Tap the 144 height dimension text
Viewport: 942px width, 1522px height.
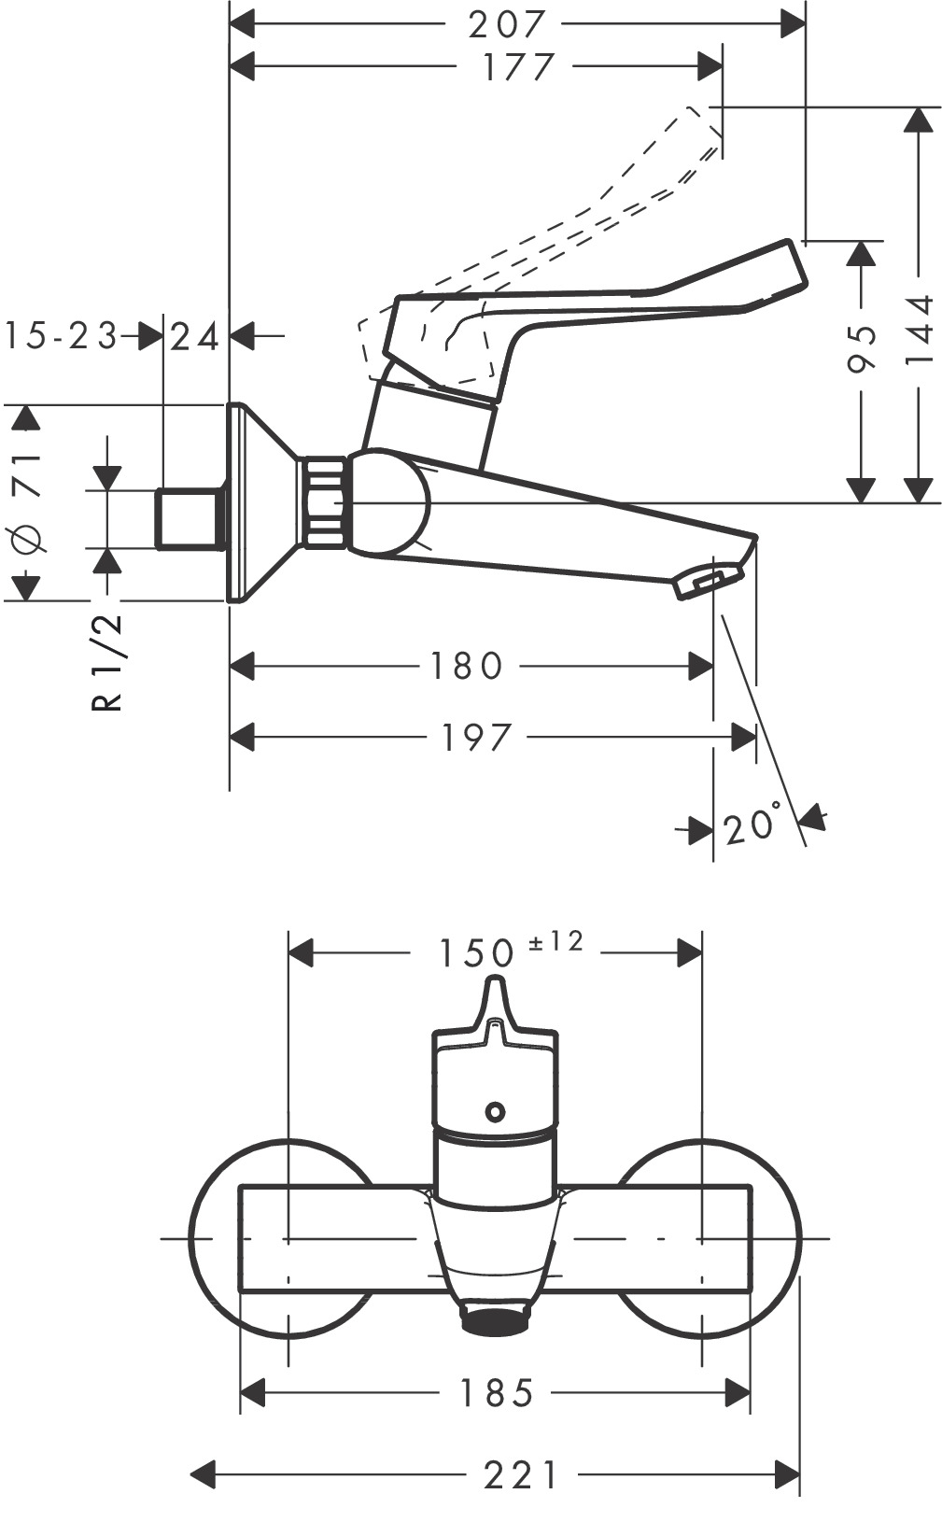pyautogui.click(x=920, y=331)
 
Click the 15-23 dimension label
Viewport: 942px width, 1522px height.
pyautogui.click(x=61, y=336)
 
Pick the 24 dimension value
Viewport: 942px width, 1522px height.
pyautogui.click(x=195, y=336)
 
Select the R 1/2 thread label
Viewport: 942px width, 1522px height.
pyautogui.click(x=108, y=663)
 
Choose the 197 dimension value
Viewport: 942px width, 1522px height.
pyautogui.click(x=476, y=738)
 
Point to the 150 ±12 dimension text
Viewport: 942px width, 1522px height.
pyautogui.click(x=510, y=950)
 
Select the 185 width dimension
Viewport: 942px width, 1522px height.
pyautogui.click(x=496, y=1394)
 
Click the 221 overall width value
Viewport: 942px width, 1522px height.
pyautogui.click(x=521, y=1476)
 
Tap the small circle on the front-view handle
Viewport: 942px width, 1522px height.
pyautogui.click(x=495, y=1112)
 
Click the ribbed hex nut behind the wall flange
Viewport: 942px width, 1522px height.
pyautogui.click(x=323, y=502)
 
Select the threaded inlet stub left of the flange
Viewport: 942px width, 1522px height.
pyautogui.click(x=189, y=518)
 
